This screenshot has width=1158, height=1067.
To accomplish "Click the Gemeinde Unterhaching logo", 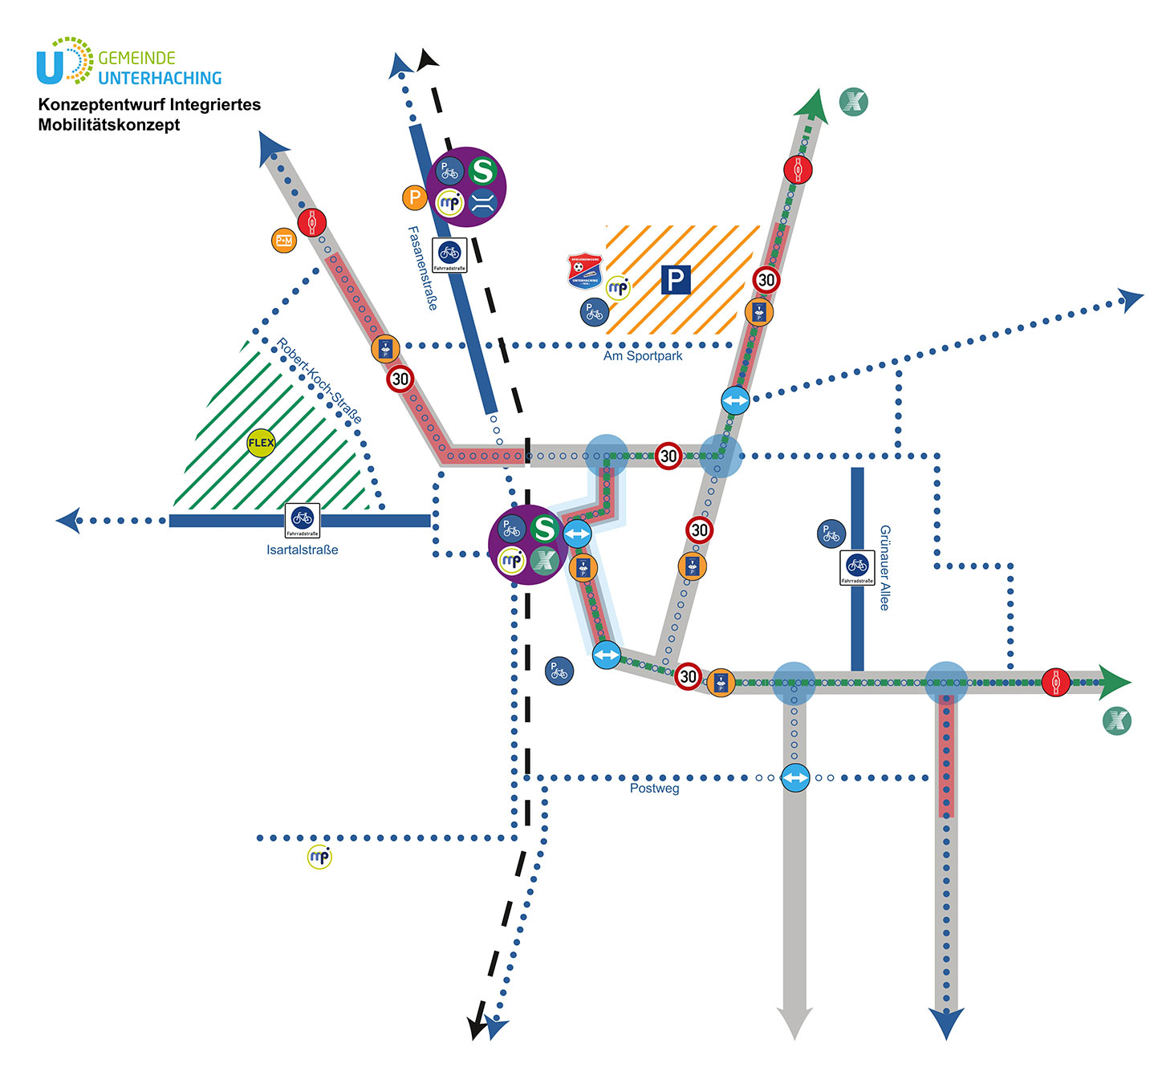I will click(128, 62).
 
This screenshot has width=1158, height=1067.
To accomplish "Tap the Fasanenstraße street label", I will click(423, 268).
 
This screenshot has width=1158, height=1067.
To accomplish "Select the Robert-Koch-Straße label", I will click(319, 381).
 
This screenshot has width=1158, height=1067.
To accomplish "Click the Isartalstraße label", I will click(303, 550).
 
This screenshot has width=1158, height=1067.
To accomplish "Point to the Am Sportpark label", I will click(643, 356).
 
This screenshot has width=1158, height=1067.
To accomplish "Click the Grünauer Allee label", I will click(885, 568).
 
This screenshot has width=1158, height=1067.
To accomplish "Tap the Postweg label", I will click(655, 789).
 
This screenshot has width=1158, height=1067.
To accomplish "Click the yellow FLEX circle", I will click(261, 443).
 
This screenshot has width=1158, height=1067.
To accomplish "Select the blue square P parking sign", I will click(676, 280).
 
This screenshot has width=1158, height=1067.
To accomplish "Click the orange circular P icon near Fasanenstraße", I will click(414, 197).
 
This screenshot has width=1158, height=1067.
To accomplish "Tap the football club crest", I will click(585, 272).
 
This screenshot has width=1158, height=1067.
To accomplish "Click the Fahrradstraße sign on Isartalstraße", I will click(303, 521).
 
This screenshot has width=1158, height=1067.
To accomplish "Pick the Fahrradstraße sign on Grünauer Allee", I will click(857, 568).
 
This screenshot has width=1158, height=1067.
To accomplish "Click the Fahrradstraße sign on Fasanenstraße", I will click(449, 255).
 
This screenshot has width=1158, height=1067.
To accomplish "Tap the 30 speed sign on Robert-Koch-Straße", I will click(400, 379).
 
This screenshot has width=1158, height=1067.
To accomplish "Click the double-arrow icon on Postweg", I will click(795, 777).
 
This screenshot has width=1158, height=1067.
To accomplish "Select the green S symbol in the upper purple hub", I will click(482, 171).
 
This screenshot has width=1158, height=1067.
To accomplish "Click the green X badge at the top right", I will click(854, 102).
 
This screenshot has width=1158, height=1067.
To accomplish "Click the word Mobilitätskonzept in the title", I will click(109, 125).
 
